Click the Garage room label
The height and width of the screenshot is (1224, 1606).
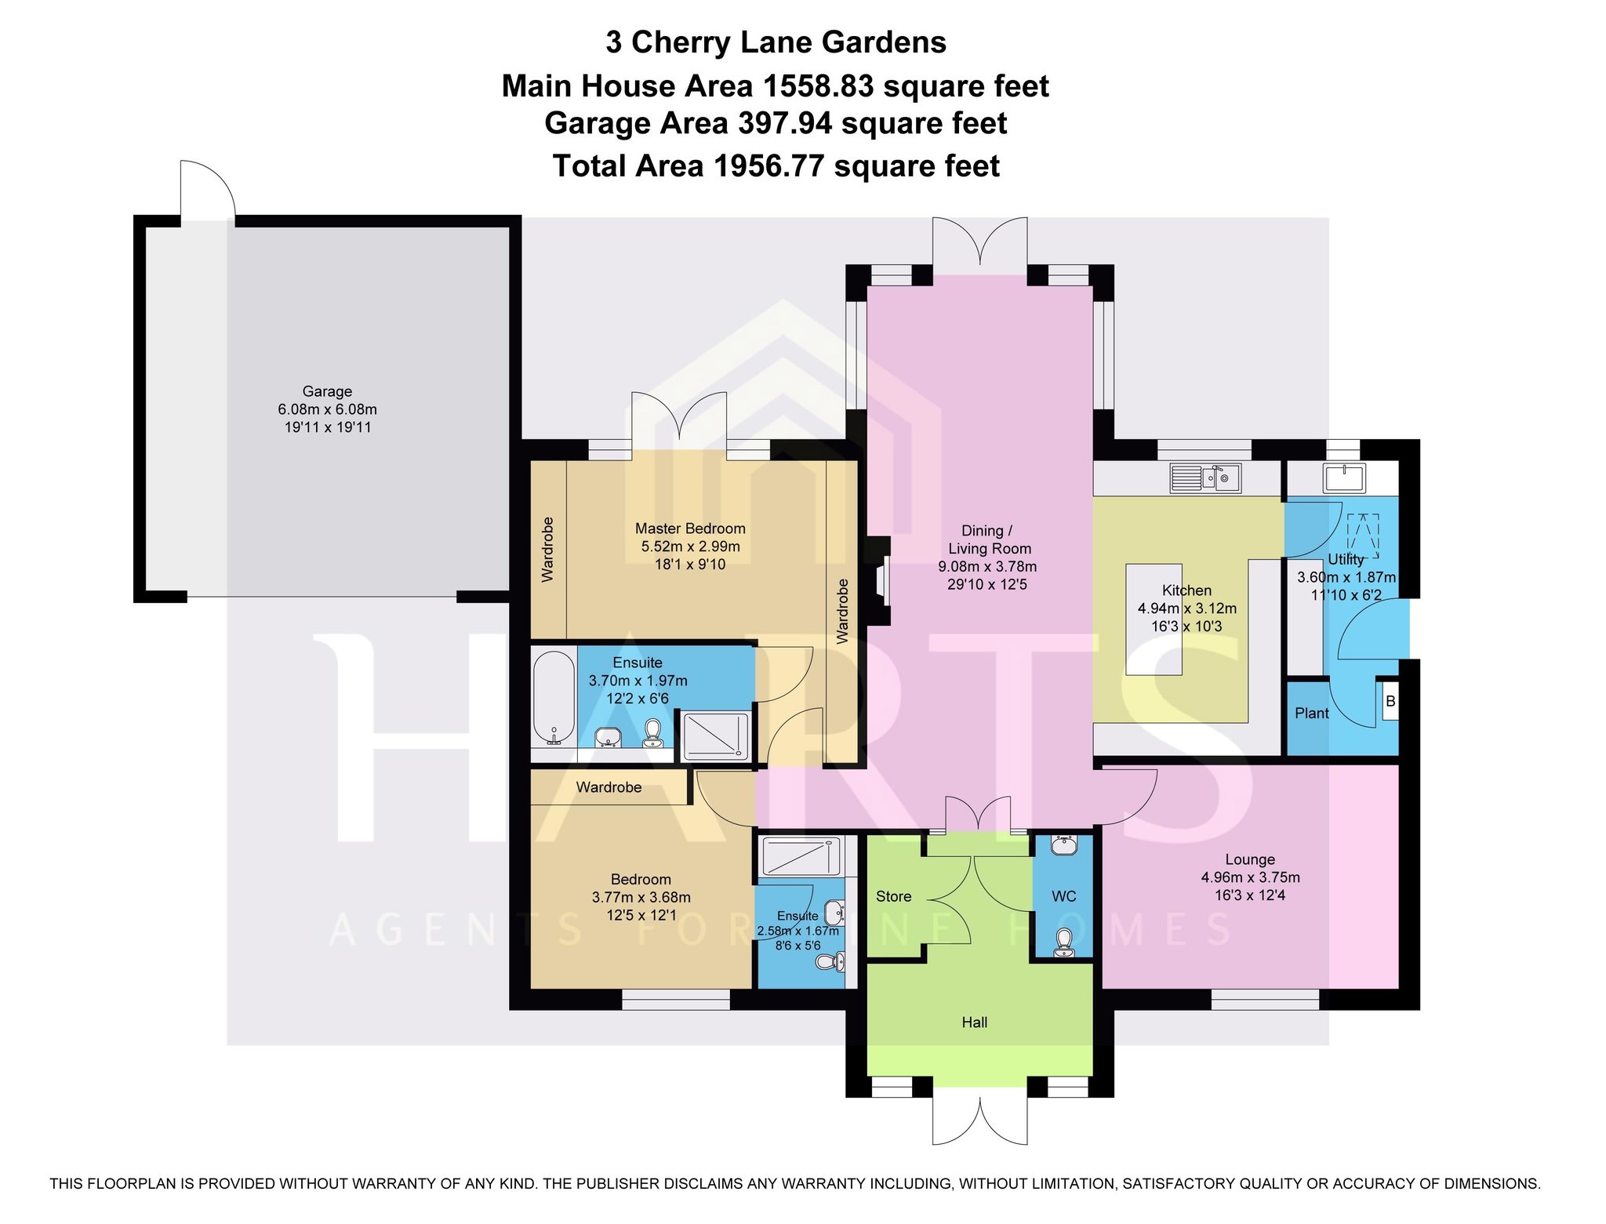coord(327,391)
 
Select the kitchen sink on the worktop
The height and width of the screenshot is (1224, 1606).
coord(1205,478)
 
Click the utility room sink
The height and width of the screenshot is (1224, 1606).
coord(1344,478)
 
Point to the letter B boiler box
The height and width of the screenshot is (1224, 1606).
coord(1390,701)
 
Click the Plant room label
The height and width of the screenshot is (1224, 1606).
coord(1312,713)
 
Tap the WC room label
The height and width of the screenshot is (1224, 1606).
coord(1063,896)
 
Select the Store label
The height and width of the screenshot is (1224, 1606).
coord(893,896)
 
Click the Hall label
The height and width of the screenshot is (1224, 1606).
coord(974,1022)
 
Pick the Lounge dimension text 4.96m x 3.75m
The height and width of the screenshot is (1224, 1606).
coord(1250,877)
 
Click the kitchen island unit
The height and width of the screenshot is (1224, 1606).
coord(1154,619)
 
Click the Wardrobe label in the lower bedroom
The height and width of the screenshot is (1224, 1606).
coord(609,787)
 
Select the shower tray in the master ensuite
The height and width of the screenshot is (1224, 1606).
coord(716,736)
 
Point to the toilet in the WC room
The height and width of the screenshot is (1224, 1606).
coord(1063,942)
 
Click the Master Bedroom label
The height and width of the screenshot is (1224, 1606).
coord(690,528)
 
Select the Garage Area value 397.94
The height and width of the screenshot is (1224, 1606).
coord(784,123)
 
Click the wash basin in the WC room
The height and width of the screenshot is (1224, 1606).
coord(1063,845)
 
